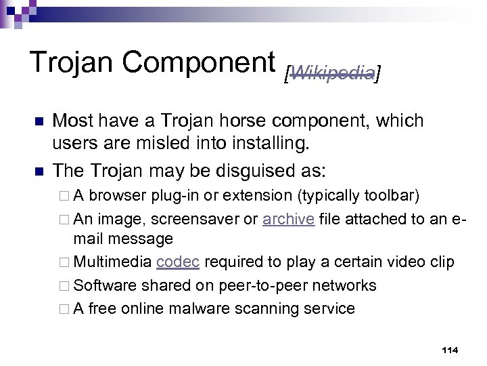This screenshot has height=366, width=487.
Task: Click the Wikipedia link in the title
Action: (x=331, y=73)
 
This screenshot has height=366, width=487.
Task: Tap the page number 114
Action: (x=449, y=350)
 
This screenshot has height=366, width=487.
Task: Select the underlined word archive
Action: (x=288, y=220)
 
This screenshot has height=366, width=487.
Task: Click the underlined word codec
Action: (x=177, y=262)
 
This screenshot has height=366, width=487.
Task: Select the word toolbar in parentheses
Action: (x=390, y=197)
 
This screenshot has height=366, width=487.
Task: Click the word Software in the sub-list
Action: (x=103, y=285)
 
